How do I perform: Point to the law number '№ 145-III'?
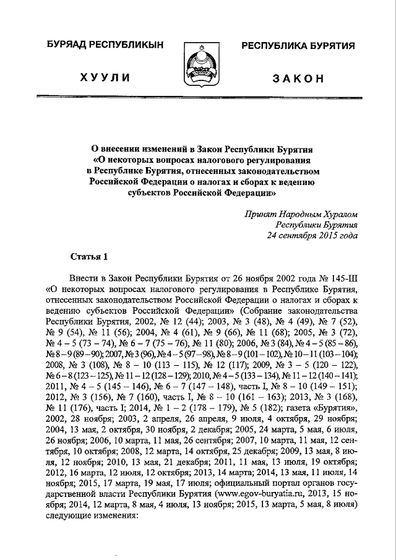click(338, 278)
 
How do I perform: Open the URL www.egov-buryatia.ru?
click(267, 505)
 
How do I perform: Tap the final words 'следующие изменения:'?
click(87, 527)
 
